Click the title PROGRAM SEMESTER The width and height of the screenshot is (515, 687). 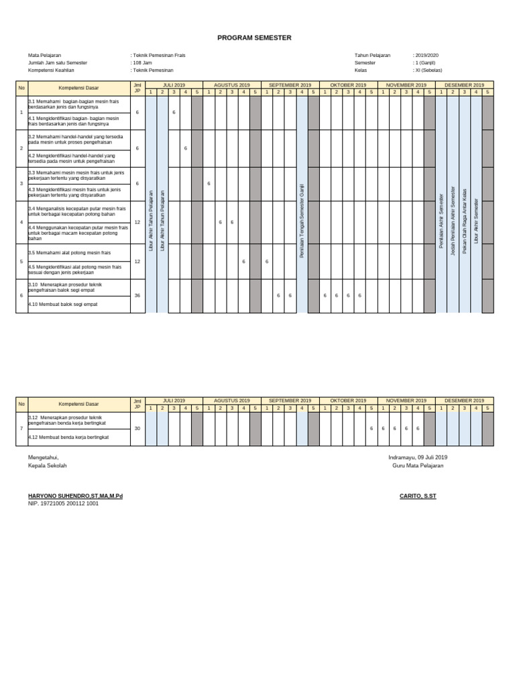click(254, 38)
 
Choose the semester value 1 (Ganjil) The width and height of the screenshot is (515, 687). click(426, 62)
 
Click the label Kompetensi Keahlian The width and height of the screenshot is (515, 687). click(51, 70)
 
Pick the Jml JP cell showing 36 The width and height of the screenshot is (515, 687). click(137, 295)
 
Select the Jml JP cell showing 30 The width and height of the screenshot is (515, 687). click(137, 428)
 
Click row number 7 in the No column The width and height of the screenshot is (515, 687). click(21, 428)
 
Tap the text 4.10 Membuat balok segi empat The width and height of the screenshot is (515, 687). click(62, 305)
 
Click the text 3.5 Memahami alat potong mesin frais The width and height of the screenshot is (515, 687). click(69, 253)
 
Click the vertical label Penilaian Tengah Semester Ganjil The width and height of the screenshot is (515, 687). click(302, 221)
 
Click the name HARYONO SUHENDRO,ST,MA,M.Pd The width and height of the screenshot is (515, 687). click(75, 496)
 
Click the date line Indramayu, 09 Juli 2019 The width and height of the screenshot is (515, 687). click(417, 457)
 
